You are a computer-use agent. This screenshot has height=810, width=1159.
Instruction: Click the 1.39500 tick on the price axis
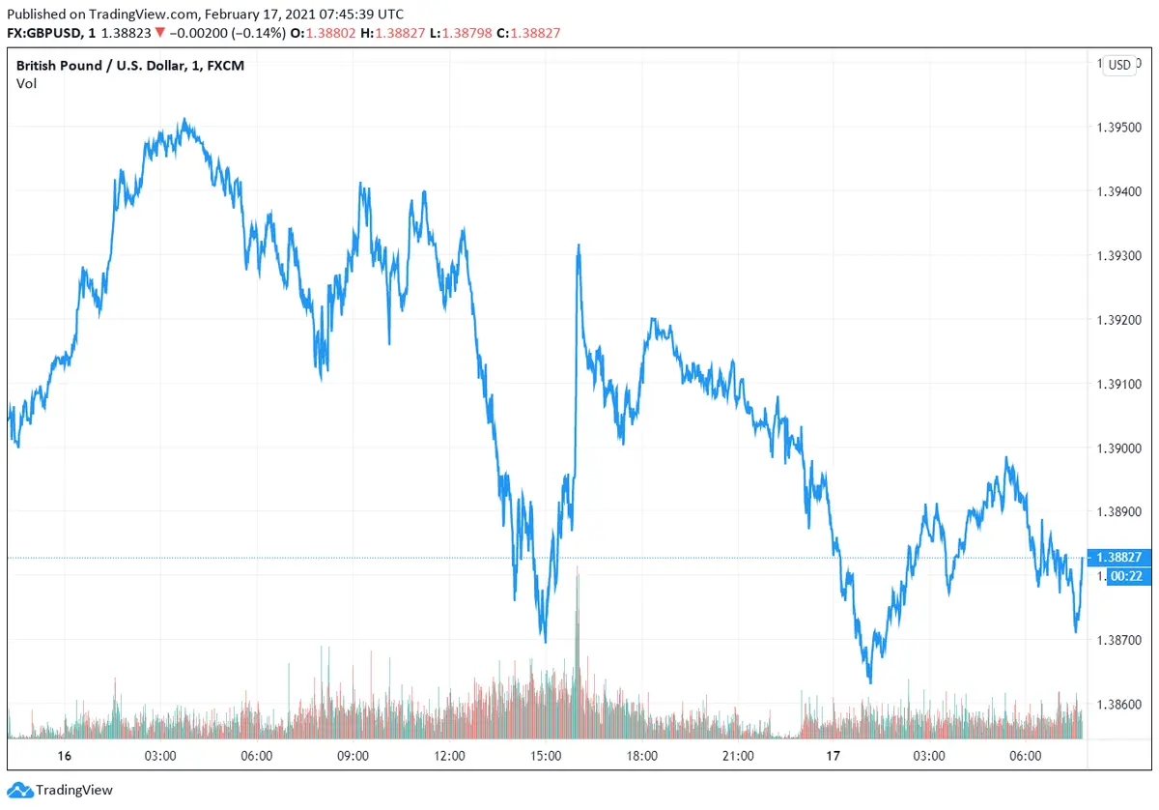[x=1120, y=128]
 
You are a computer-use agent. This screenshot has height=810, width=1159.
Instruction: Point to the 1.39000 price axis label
[x=1120, y=448]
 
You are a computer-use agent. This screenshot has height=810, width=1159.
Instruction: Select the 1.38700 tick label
[x=1120, y=641]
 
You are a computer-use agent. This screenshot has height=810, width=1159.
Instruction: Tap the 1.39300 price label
[x=1120, y=256]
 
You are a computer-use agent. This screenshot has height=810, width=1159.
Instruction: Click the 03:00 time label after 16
[x=159, y=756]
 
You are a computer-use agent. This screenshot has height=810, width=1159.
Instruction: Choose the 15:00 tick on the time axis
[x=546, y=756]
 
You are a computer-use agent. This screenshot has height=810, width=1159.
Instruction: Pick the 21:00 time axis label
[x=738, y=756]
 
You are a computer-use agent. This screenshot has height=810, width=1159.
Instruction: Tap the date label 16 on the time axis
[x=65, y=756]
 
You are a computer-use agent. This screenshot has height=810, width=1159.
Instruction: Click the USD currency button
[x=1119, y=66]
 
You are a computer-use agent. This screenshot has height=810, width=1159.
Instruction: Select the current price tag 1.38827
[x=1120, y=558]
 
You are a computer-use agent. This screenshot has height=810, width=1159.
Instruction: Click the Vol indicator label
[x=27, y=83]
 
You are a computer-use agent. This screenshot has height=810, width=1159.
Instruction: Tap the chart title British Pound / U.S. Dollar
[x=97, y=66]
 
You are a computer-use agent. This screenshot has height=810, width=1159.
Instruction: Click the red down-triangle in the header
[x=159, y=33]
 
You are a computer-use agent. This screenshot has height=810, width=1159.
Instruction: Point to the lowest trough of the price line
[x=870, y=682]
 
